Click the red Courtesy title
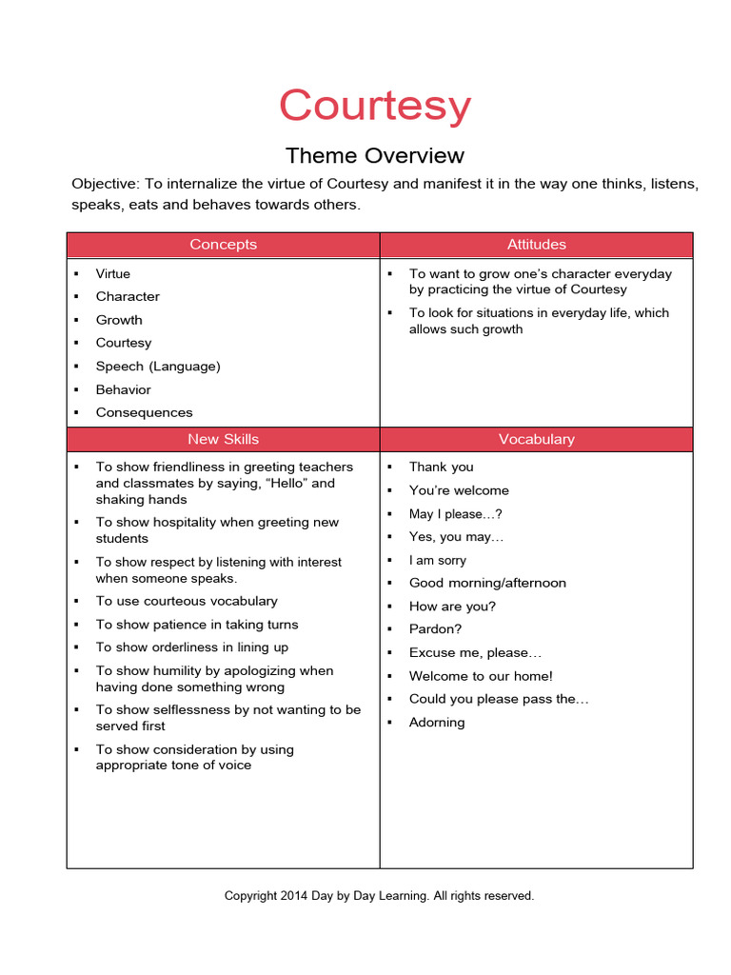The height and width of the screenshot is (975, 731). coord(374,106)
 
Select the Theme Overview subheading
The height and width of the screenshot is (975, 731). coord(374,155)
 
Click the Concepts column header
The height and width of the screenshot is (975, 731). coord(223,245)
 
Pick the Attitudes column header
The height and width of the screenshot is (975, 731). coord(536,245)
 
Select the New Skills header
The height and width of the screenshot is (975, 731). coord(223,439)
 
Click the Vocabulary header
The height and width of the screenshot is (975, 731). coord(536,439)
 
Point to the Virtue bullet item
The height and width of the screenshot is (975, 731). coord(113,273)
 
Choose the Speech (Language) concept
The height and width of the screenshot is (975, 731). coord(158,366)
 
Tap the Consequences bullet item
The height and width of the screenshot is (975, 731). coord(144,412)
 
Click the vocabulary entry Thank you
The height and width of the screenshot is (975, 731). coord(441,467)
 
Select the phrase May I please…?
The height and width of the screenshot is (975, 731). coord(455,513)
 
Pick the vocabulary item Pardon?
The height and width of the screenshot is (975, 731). coord(435,629)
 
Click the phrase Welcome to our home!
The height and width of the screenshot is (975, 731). coord(481,676)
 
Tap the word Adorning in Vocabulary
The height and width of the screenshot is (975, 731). coord(437,723)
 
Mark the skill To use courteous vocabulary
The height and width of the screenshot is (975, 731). coord(187,601)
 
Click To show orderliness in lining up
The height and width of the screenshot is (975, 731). coord(191,647)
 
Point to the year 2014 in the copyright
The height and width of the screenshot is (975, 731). coord(294,896)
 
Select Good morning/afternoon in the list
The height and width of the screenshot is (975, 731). coord(487,583)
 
